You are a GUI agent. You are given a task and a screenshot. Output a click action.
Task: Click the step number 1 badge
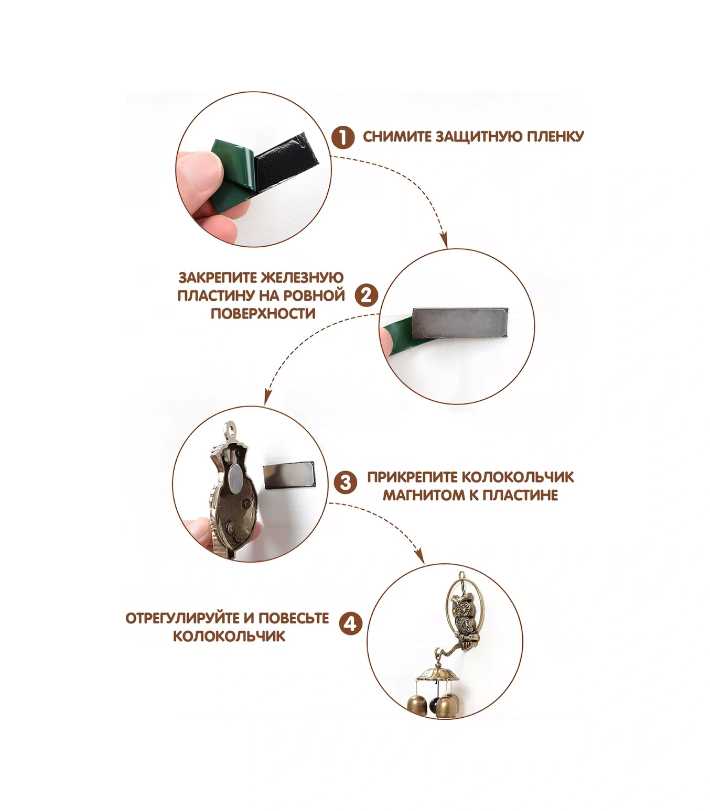(342, 138)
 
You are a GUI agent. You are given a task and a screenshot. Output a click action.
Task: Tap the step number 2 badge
(366, 295)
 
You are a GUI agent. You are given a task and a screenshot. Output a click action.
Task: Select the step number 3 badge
(346, 482)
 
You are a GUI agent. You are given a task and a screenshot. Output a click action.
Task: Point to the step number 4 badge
(351, 624)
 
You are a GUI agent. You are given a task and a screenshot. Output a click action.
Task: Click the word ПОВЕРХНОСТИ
(263, 313)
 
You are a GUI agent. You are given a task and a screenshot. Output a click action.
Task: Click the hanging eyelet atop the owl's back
(229, 431)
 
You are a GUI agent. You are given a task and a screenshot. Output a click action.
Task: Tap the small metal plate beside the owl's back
(288, 475)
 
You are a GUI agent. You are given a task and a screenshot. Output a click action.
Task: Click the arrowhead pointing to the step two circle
(444, 242)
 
